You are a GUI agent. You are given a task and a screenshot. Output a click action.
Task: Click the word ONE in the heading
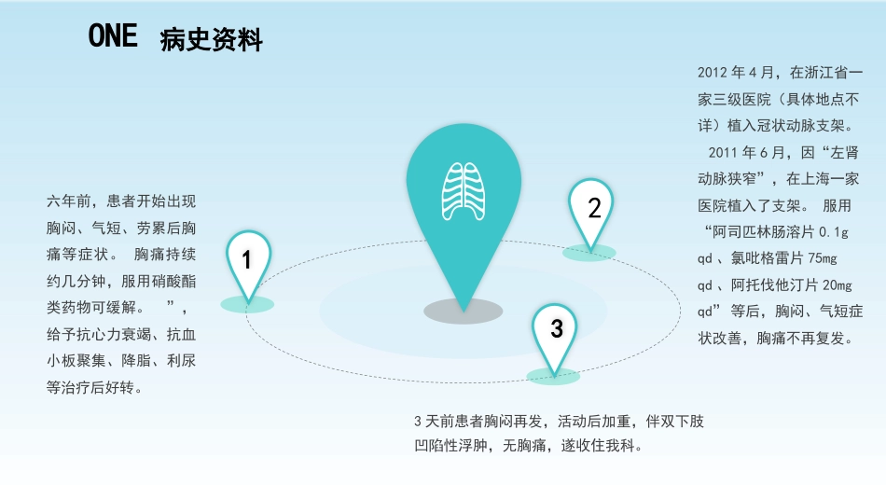pyautogui.click(x=113, y=35)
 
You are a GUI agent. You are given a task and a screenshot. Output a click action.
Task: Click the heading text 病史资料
pyautogui.click(x=212, y=39)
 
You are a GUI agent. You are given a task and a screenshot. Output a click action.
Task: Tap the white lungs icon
pyautogui.click(x=464, y=191)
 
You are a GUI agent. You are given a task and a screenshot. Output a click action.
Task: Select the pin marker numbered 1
pyautogui.click(x=248, y=266)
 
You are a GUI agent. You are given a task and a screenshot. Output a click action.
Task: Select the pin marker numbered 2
pyautogui.click(x=591, y=215)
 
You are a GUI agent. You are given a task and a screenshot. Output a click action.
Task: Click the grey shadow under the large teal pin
pyautogui.click(x=464, y=312)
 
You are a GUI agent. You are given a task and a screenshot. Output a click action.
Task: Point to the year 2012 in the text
pyautogui.click(x=712, y=73)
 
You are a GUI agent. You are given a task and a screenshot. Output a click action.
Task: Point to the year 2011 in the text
pyautogui.click(x=723, y=153)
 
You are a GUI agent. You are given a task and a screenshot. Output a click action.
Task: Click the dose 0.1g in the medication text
pyautogui.click(x=834, y=232)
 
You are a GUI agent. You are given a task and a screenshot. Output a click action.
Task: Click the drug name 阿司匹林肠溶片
pyautogui.click(x=764, y=232)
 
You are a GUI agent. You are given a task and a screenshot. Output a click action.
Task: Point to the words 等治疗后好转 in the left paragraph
pyautogui.click(x=90, y=388)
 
